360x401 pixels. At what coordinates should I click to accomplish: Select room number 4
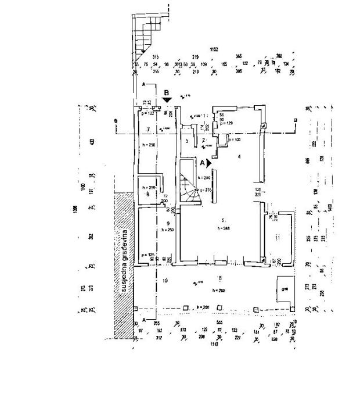239,156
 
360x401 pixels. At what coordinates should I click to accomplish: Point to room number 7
149,128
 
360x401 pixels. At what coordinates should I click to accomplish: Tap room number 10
165,281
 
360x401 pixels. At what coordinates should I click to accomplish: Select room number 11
278,238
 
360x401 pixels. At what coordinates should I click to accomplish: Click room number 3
186,141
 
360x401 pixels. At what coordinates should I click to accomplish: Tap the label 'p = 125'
147,255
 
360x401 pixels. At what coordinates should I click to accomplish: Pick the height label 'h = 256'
200,306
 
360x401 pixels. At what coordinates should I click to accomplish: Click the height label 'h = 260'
218,290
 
